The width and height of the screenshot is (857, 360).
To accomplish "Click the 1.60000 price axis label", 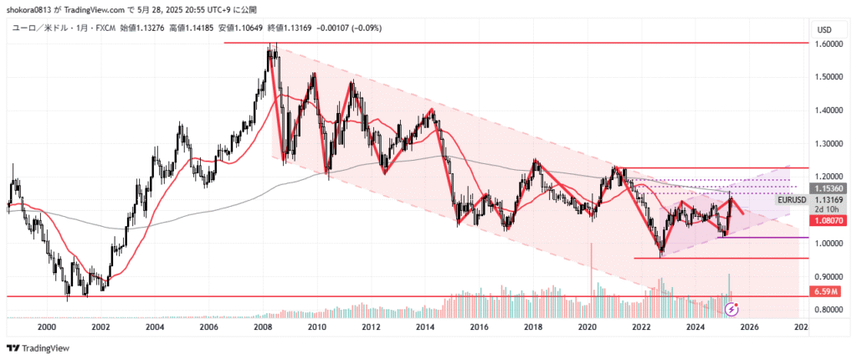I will click(x=829, y=43).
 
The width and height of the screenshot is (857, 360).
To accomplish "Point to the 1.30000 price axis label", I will click(x=829, y=143).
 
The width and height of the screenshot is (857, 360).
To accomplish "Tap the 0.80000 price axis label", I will click(x=829, y=310).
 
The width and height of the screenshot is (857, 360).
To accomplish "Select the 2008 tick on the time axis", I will click(x=263, y=327).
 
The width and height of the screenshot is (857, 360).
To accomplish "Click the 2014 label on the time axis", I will click(x=425, y=327).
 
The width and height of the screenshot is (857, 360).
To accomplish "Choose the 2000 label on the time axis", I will click(x=47, y=327).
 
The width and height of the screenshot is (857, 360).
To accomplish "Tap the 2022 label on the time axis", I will click(x=641, y=327).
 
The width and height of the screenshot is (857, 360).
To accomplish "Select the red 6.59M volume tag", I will click(x=826, y=291).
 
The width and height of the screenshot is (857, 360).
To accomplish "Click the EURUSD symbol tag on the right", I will click(x=792, y=200).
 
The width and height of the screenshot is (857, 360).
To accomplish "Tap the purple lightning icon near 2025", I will click(x=732, y=308).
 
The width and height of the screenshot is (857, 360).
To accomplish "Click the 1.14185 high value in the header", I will click(x=197, y=28).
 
